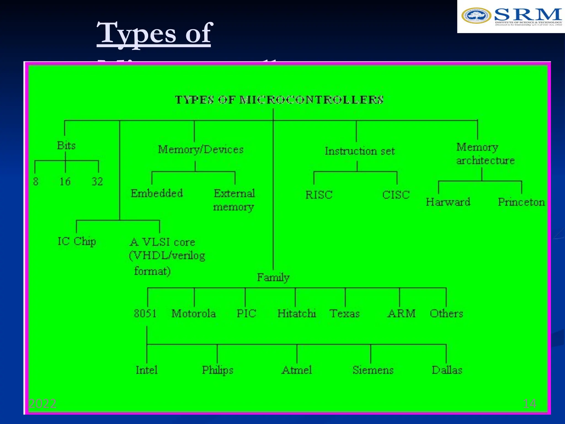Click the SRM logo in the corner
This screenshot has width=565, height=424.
pyautogui.click(x=511, y=17)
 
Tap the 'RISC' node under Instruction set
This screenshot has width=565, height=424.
pyautogui.click(x=319, y=195)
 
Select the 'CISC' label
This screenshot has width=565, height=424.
pyautogui.click(x=396, y=195)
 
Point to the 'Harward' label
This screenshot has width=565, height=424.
pyautogui.click(x=448, y=202)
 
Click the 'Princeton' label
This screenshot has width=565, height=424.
pyautogui.click(x=521, y=202)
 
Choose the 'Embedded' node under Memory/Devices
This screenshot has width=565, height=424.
pyautogui.click(x=157, y=193)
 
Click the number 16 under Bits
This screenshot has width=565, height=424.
pyautogui.click(x=65, y=182)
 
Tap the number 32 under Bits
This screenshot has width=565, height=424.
pyautogui.click(x=97, y=182)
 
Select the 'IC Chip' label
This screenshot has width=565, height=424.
pyautogui.click(x=77, y=242)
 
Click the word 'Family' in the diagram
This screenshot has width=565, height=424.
pyautogui.click(x=273, y=277)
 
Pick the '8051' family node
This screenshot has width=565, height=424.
pyautogui.click(x=145, y=314)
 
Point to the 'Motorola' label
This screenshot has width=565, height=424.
pyautogui.click(x=194, y=314)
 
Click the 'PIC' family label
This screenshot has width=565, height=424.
pyautogui.click(x=246, y=314)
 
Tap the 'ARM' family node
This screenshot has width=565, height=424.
pyautogui.click(x=401, y=314)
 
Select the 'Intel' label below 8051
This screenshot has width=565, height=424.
pyautogui.click(x=146, y=370)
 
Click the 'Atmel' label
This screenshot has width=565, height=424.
pyautogui.click(x=297, y=370)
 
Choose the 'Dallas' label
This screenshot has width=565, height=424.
pyautogui.click(x=447, y=370)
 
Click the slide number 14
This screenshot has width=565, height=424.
pyautogui.click(x=530, y=404)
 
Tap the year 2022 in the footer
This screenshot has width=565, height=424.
pyautogui.click(x=42, y=404)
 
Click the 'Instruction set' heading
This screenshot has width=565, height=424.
pyautogui.click(x=360, y=151)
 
